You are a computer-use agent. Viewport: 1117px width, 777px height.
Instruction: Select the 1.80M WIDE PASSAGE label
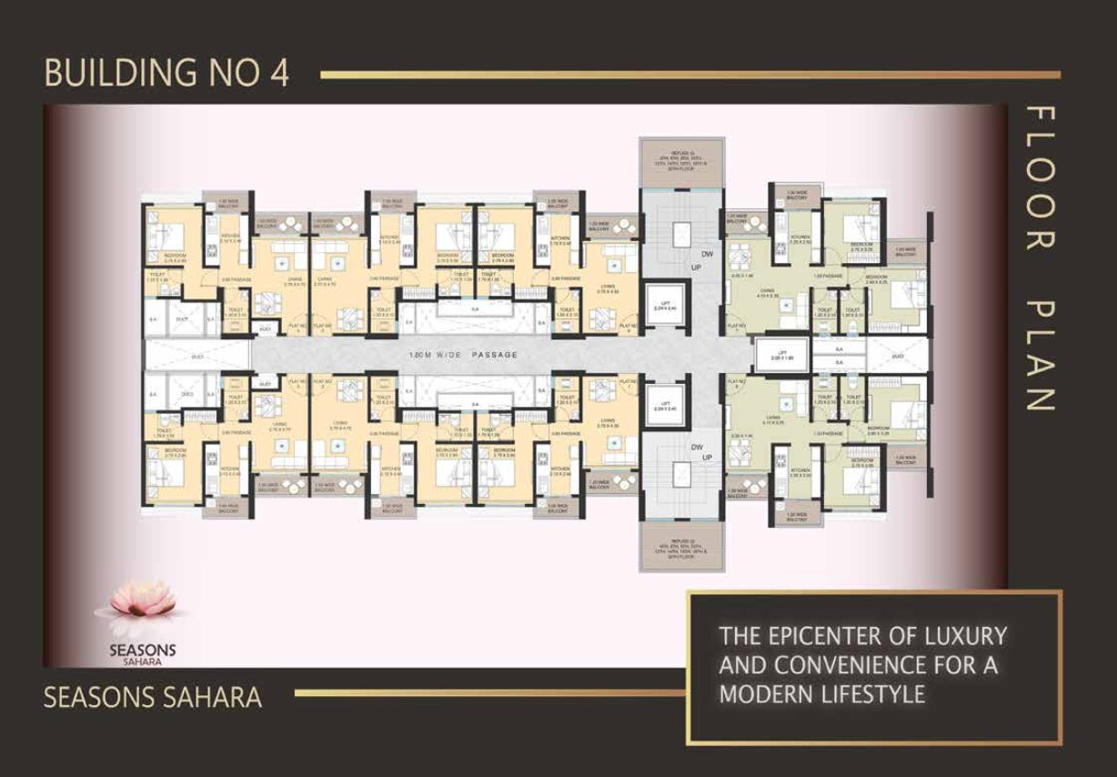click(x=463, y=355)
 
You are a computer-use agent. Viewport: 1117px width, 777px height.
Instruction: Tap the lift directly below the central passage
click(x=662, y=407)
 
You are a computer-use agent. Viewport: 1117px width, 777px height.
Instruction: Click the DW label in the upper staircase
click(x=706, y=255)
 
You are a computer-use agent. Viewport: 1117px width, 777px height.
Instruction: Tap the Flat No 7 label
click(x=736, y=325)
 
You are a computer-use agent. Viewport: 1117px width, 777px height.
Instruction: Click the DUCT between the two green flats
click(x=897, y=356)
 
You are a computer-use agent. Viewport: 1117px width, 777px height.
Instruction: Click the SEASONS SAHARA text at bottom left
click(x=153, y=699)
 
